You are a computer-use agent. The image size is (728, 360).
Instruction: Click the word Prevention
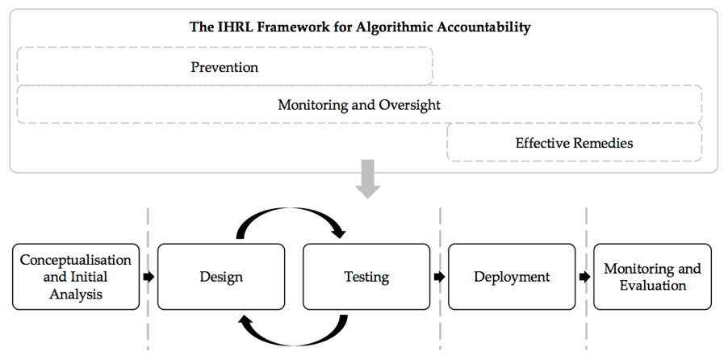[x=224, y=67]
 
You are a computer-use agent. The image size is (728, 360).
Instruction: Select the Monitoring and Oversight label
[x=359, y=105]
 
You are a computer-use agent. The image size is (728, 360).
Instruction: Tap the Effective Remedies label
[x=574, y=143]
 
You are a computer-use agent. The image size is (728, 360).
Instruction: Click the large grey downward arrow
[x=368, y=179]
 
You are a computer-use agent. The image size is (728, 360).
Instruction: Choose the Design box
[x=221, y=277]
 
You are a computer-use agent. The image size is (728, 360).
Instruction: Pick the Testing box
[x=366, y=277]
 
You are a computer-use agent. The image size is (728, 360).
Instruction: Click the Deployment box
[x=512, y=277]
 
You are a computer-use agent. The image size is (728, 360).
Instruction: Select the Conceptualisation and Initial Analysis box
[x=76, y=277]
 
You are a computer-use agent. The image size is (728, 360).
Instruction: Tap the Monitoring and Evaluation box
[x=652, y=277]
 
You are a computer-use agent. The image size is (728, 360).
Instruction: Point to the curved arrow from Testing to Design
[x=291, y=342]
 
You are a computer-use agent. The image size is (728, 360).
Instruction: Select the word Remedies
[x=602, y=143]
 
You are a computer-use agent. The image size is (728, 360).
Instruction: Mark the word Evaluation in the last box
[x=653, y=285]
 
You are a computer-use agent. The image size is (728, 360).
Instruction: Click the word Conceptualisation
[x=76, y=260]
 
